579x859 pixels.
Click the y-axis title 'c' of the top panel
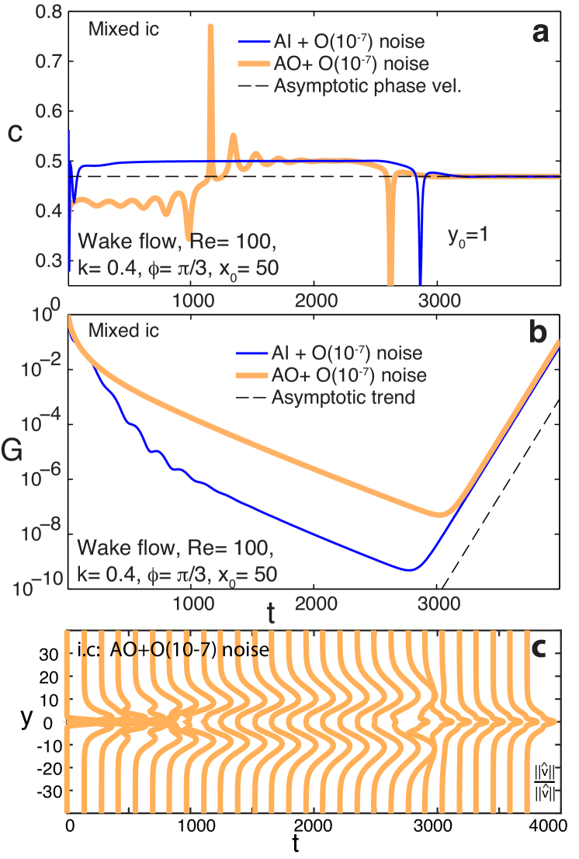14,133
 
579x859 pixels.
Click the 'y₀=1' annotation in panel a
466,234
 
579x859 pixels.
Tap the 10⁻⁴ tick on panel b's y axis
39,424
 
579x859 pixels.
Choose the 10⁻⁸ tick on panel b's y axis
39,534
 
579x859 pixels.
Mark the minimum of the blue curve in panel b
411,569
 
